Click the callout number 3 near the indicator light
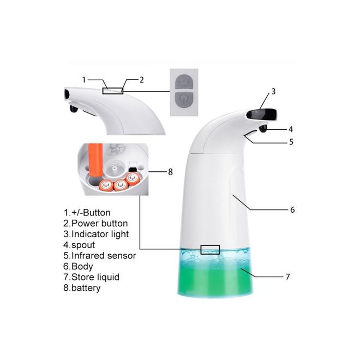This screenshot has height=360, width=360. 273,92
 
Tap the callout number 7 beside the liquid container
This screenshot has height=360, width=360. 287,277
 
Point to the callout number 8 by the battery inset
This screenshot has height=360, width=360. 170,172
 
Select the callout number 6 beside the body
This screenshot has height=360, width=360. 292,209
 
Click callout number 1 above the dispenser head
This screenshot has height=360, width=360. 84,80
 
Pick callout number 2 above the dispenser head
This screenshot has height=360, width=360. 142,80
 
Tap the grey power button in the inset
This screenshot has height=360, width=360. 184,99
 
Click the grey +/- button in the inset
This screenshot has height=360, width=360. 184,82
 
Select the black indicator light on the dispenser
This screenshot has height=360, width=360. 261,115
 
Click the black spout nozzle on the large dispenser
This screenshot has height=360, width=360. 263,129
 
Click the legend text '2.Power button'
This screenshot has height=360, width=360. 95,224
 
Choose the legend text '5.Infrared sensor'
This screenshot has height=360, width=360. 100,255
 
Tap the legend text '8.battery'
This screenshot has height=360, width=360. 82,288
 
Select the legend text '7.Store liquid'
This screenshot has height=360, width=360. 92,277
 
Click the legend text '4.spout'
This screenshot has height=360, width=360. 79,245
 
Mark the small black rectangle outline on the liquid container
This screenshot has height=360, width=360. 210,250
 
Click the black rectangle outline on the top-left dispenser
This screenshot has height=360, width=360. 113,91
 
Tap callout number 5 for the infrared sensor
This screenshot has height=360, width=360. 291,142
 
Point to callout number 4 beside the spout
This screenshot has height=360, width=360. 291,129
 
